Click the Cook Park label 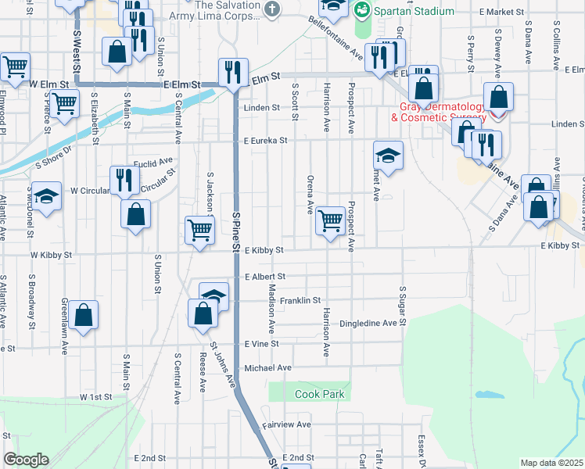[319, 394]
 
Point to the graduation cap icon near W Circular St [46, 195]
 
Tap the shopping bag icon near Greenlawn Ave [83, 315]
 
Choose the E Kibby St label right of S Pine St [263, 251]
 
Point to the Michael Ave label [267, 367]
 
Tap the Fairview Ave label [287, 424]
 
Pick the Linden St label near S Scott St [261, 108]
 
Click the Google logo [26, 460]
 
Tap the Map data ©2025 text [551, 463]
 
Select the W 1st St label [96, 397]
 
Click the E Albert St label [264, 277]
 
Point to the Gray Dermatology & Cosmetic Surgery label [438, 112]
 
